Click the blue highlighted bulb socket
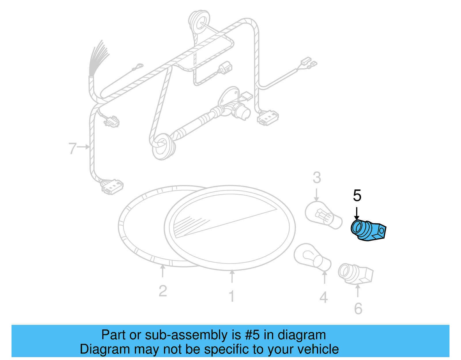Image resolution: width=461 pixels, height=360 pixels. [x=368, y=230]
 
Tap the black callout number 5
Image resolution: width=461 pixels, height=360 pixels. [x=357, y=195]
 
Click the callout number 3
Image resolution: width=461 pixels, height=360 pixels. [x=317, y=178]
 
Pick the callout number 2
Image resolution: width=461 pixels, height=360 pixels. [x=163, y=291]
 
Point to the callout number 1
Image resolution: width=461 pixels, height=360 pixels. [x=232, y=296]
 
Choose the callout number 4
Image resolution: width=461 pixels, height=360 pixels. [x=324, y=297]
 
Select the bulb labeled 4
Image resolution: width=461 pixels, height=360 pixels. [x=313, y=257]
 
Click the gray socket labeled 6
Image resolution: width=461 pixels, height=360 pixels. [x=356, y=274]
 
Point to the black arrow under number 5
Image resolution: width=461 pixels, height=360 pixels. [x=357, y=213]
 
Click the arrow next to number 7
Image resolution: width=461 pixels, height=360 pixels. [x=83, y=147]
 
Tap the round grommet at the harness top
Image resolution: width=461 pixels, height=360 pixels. [x=199, y=21]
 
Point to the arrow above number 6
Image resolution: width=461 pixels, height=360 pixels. [x=358, y=291]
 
